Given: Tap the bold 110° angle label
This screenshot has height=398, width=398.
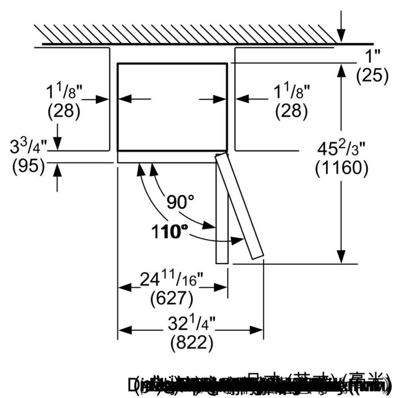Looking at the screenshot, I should tap(169, 231).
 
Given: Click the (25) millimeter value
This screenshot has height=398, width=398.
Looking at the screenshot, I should tap(372, 75).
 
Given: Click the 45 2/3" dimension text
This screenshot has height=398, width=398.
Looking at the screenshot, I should tap(341, 150).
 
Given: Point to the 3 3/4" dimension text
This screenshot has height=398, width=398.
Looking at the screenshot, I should tap(28, 147).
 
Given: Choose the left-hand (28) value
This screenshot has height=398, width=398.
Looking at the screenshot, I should tap(64, 111).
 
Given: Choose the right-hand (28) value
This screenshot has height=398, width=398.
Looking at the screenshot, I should tap(291, 111).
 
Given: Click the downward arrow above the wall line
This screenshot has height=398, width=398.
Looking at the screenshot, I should tap(341, 32).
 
